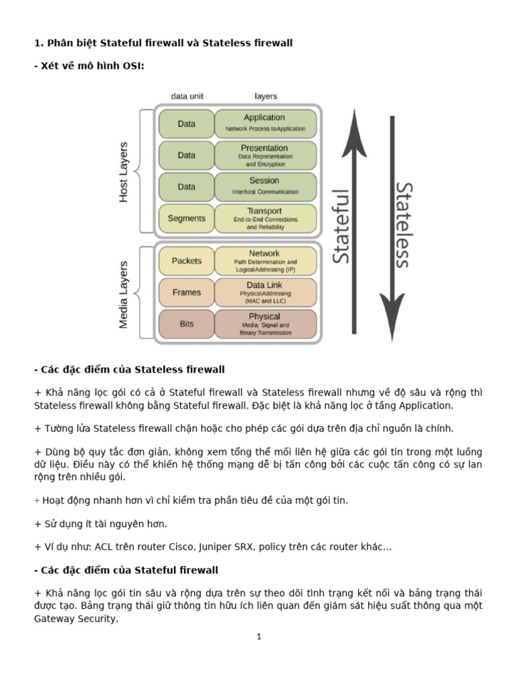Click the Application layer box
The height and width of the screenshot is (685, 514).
265,124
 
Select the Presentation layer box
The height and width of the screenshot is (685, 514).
265,155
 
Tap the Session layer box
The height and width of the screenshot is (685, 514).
265,187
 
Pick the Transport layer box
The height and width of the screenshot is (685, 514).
265,218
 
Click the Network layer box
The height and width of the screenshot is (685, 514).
265,261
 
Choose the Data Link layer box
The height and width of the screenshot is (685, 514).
265,292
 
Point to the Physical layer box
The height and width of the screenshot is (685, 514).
265,324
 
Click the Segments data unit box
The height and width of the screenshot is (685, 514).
186,218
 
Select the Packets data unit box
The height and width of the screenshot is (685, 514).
186,261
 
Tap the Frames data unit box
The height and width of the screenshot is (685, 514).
186,292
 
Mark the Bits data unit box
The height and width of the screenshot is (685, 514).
186,324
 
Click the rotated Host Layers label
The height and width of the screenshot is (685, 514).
124,172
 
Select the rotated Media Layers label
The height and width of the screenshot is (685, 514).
124,294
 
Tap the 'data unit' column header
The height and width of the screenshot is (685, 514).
187,96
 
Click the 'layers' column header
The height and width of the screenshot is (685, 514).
266,96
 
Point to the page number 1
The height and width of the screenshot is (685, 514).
258,637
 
